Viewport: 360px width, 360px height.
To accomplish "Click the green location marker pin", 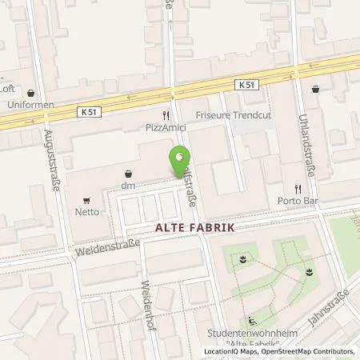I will (179, 161).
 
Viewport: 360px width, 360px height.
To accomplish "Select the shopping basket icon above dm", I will (128, 173).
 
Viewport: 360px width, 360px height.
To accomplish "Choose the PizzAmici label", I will (167, 128).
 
